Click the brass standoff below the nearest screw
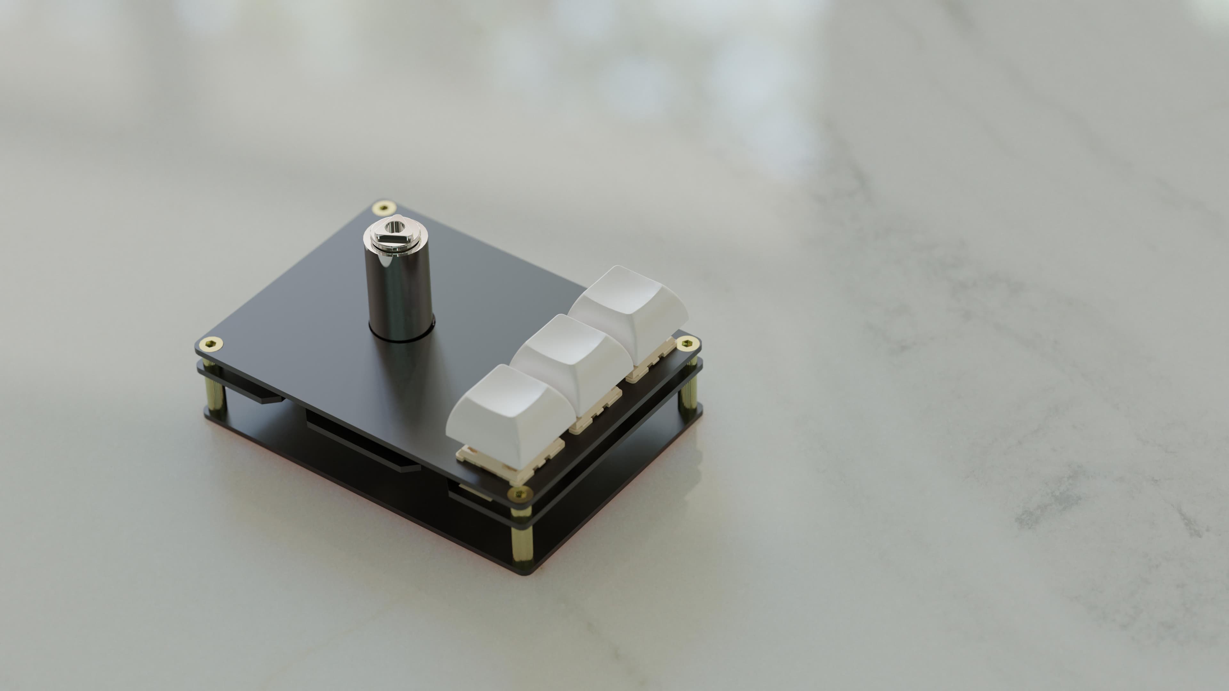coord(521,536)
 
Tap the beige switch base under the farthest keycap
coord(651,367)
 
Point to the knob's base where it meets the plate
coord(402,334)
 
